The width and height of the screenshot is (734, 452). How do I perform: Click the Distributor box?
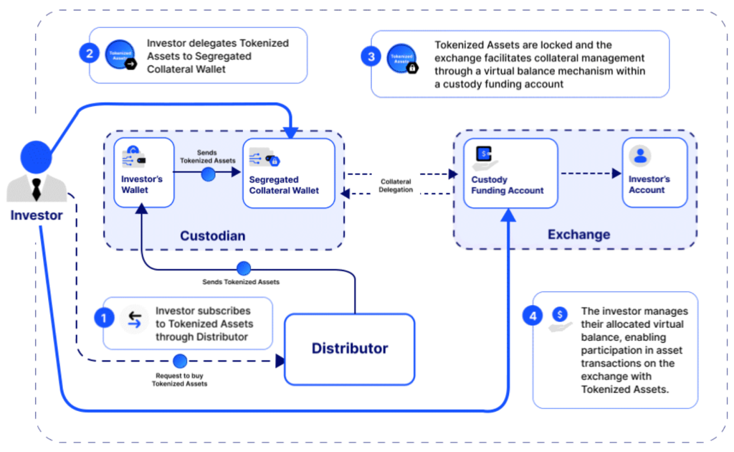(350, 349)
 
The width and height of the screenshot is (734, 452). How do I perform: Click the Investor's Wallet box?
(144, 172)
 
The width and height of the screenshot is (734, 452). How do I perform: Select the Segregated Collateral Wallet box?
(288, 173)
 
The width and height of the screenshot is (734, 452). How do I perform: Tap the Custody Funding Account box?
(510, 173)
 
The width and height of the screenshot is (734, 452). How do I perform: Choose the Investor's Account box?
(654, 173)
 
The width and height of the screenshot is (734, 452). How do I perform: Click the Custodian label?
(212, 235)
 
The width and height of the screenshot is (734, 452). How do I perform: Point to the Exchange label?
(578, 234)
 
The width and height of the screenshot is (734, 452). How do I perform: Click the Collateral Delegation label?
(396, 185)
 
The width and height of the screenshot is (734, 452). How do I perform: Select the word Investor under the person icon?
(36, 215)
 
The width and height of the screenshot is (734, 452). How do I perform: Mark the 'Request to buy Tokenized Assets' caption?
(180, 380)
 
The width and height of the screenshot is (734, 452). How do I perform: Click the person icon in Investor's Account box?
(640, 156)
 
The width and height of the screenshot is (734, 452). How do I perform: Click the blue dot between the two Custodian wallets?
(209, 174)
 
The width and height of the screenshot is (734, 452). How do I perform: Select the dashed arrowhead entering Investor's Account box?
(617, 173)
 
